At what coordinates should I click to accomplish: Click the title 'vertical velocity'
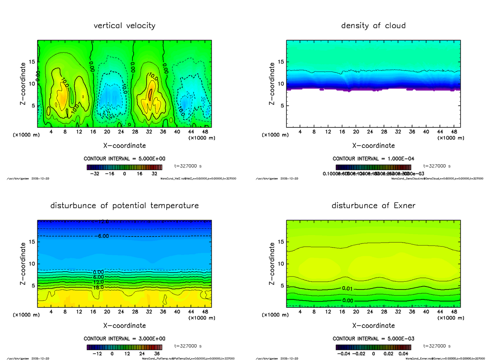click(x=124, y=26)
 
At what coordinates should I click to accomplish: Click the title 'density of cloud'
click(x=373, y=26)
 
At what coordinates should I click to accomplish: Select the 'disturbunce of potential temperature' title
click(x=124, y=206)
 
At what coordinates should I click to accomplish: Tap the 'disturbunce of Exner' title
click(x=373, y=206)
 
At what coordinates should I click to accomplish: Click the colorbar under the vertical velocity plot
click(x=124, y=167)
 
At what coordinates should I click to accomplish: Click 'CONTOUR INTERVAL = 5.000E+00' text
click(x=124, y=159)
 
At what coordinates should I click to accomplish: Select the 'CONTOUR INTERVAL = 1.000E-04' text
click(x=373, y=159)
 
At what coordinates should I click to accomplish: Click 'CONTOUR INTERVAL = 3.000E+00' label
click(x=124, y=339)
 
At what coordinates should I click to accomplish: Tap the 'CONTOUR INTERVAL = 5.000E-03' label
click(x=373, y=339)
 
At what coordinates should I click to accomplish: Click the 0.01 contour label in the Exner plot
click(x=348, y=288)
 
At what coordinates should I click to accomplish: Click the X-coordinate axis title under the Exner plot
click(x=373, y=326)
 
